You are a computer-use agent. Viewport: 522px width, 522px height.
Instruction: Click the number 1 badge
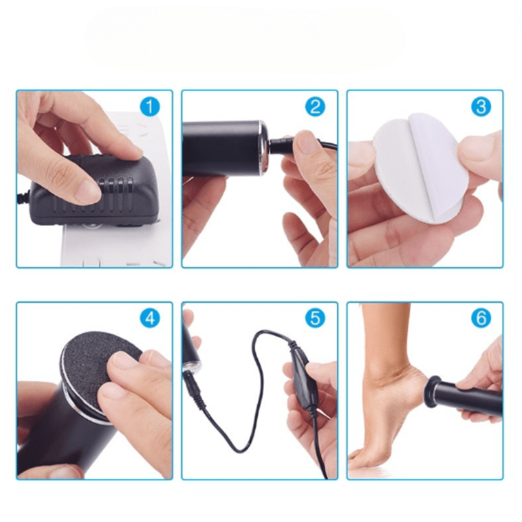click(149, 106)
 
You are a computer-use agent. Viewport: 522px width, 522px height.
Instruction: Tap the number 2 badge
click(315, 106)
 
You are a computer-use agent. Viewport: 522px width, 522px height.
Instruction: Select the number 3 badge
click(481, 106)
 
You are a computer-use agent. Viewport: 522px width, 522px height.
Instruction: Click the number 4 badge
click(149, 318)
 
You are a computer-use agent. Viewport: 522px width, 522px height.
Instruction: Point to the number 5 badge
click(315, 318)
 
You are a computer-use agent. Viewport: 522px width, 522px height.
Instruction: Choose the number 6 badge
click(481, 318)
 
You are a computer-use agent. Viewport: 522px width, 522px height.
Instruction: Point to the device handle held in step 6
click(470, 397)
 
